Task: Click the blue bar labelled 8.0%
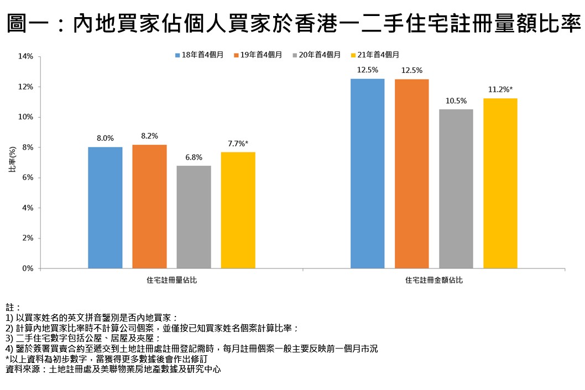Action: (x=105, y=208)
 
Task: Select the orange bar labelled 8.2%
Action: (x=149, y=207)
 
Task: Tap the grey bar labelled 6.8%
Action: (x=194, y=217)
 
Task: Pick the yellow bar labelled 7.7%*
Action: (x=238, y=210)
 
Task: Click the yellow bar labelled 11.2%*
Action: (x=500, y=183)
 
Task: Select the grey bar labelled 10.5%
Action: (x=456, y=189)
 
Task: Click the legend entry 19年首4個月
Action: (x=258, y=55)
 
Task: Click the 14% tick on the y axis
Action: (x=25, y=56)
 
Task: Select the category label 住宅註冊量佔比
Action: (x=171, y=281)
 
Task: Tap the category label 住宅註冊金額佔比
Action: (x=434, y=281)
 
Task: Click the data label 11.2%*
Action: (x=500, y=89)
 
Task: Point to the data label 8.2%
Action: (x=149, y=136)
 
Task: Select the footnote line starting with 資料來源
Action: (x=113, y=369)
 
